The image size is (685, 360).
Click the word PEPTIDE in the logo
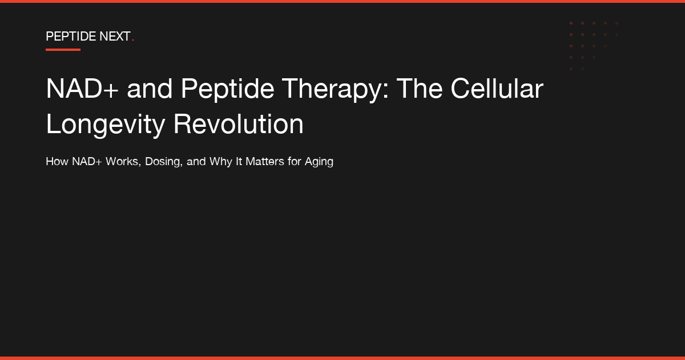tap(71, 37)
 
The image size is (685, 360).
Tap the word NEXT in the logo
tap(115, 37)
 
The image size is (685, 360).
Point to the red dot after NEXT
tap(133, 41)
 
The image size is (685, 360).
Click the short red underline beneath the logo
tap(63, 50)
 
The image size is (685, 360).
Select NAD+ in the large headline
tap(82, 89)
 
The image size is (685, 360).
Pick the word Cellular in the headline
tap(497, 89)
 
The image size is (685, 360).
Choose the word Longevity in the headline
tap(106, 125)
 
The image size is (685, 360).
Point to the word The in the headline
tap(419, 89)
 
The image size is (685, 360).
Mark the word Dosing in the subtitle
tap(164, 162)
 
